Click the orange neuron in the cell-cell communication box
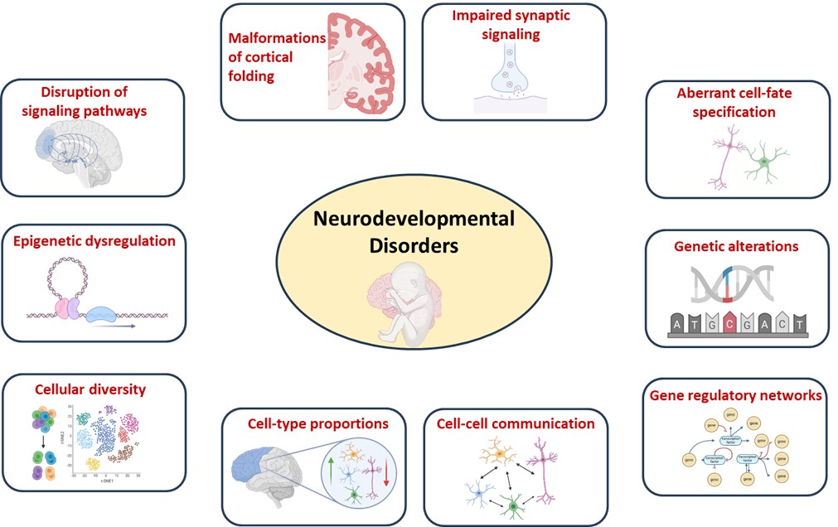coord(499,453)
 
